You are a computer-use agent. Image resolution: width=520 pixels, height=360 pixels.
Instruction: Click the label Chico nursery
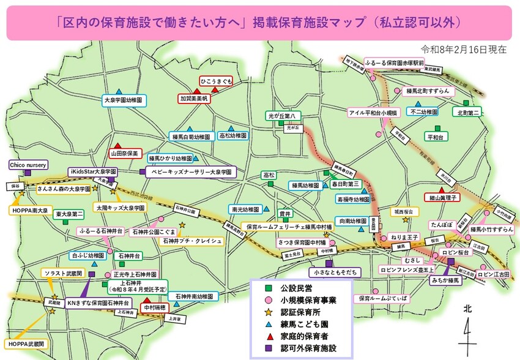click(29, 165)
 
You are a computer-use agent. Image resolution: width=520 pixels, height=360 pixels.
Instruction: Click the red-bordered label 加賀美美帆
click(194, 98)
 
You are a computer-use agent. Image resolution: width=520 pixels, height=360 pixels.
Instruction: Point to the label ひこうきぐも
click(216, 81)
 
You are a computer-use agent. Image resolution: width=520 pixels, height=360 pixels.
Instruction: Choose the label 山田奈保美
click(125, 152)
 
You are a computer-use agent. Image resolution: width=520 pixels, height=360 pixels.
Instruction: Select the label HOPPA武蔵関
click(26, 344)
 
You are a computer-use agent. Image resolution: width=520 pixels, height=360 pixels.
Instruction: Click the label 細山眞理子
click(440, 198)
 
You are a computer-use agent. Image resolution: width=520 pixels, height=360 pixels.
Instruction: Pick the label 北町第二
click(469, 113)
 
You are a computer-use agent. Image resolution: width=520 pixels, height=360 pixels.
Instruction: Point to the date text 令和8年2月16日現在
click(464, 49)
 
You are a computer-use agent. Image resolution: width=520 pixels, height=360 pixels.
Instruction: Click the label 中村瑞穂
click(154, 307)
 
